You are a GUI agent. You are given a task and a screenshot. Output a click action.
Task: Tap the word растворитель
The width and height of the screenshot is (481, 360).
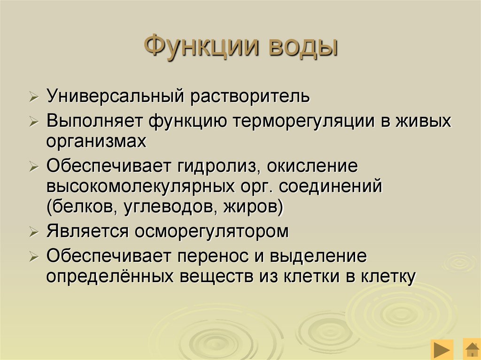[250, 97]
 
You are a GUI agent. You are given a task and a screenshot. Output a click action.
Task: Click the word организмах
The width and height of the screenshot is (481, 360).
[96, 141]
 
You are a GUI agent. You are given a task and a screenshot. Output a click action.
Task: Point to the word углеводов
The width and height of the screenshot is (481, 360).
[168, 207]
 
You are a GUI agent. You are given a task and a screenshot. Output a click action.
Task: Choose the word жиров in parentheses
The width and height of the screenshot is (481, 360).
[253, 207]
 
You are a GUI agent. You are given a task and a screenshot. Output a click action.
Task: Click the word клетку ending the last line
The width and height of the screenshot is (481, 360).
[388, 276]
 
